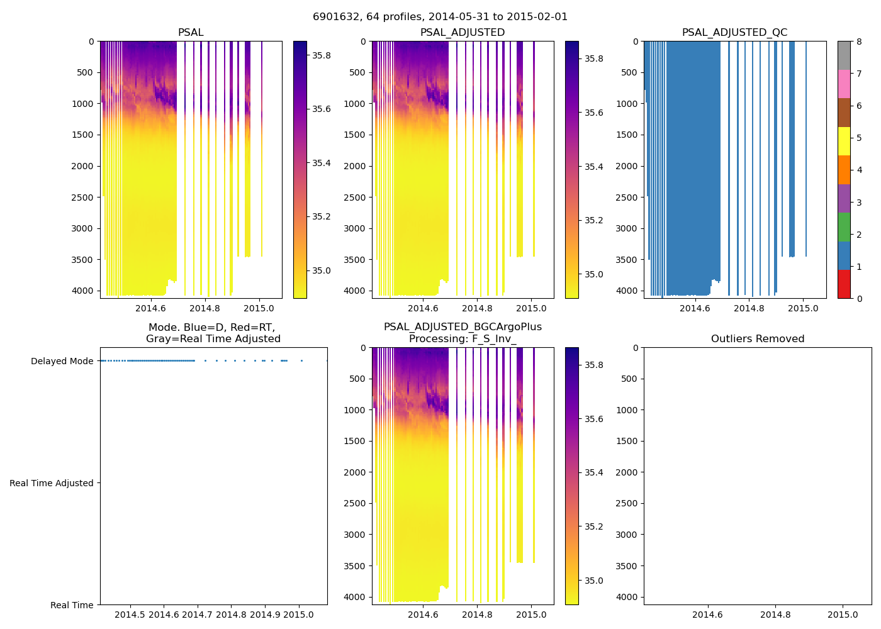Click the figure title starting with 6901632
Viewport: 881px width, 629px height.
440,17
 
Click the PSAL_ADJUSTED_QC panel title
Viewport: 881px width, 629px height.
734,33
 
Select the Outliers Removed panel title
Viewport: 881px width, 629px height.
758,339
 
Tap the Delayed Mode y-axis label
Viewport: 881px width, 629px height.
62,361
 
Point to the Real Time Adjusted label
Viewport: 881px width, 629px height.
51,483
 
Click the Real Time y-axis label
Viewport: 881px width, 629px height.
72,605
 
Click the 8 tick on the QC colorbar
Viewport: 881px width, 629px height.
859,42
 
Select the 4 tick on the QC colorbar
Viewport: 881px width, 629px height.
859,170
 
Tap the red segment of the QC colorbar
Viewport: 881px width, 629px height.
844,284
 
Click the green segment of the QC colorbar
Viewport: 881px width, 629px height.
844,226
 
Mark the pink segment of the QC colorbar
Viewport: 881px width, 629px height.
844,84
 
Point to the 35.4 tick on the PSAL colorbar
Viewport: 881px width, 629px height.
322,163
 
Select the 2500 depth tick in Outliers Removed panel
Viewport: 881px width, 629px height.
627,503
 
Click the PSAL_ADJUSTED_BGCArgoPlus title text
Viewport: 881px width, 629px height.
463,327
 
